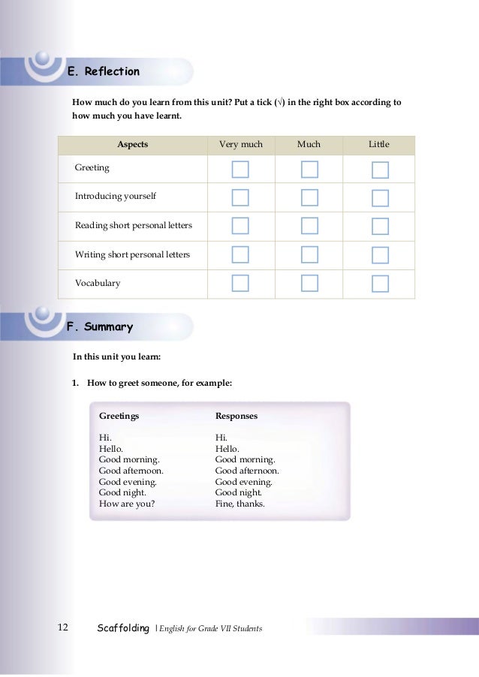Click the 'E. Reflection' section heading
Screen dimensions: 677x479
[104, 72]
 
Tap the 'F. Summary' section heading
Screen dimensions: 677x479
[100, 327]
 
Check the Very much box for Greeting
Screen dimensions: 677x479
[240, 169]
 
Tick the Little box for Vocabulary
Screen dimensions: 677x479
[380, 283]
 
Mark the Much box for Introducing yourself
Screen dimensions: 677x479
[309, 197]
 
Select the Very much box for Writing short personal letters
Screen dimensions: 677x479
[240, 254]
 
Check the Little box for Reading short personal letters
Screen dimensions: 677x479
[380, 226]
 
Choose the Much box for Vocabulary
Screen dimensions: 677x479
[309, 283]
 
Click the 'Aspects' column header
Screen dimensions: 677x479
[132, 144]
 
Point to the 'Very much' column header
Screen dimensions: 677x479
[240, 144]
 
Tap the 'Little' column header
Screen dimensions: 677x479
[379, 144]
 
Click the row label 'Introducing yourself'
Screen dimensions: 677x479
[116, 196]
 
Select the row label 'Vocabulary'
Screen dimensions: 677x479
[98, 283]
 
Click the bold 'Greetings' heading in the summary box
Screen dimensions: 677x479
[119, 416]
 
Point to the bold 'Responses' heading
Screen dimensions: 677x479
[236, 416]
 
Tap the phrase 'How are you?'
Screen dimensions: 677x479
[127, 504]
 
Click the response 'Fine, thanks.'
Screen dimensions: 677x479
[240, 504]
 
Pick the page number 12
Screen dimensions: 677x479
[62, 627]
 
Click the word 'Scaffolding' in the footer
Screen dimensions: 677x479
[124, 627]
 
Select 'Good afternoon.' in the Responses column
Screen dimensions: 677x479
[247, 471]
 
